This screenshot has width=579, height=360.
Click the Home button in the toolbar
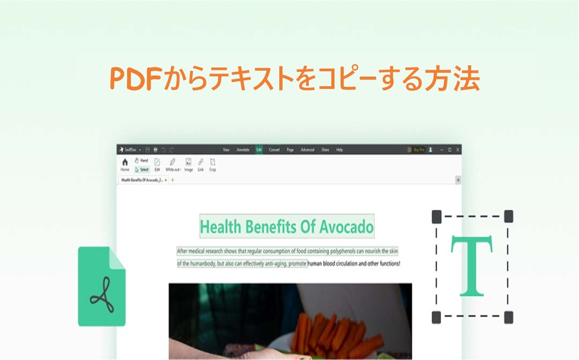point(125,163)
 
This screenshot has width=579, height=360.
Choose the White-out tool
point(173,164)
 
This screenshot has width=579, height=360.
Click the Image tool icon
point(188,164)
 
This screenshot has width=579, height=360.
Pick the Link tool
point(201,164)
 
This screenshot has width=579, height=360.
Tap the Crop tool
point(213,164)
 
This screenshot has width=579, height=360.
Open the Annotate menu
point(243,150)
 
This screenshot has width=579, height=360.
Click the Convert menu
point(274,150)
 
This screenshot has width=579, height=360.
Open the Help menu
point(339,150)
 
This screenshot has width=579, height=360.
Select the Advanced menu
point(307,150)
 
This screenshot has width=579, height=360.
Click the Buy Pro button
point(417,150)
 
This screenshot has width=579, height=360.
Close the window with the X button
point(457,150)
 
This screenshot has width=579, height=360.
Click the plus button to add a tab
point(173,180)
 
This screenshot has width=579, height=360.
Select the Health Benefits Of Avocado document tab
point(142,180)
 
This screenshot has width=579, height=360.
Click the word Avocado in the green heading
point(346,227)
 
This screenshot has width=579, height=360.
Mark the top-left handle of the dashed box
point(437,217)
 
